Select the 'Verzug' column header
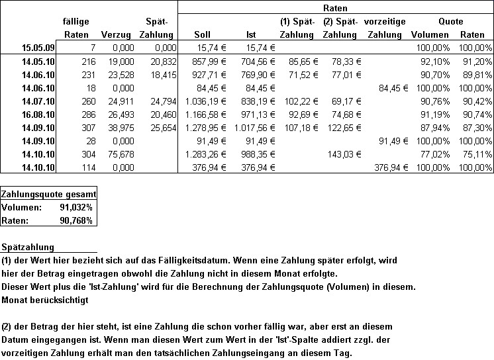[x=116, y=34]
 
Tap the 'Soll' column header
[x=203, y=34]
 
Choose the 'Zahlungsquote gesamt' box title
[x=49, y=195]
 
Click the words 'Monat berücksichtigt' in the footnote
[x=46, y=299]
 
